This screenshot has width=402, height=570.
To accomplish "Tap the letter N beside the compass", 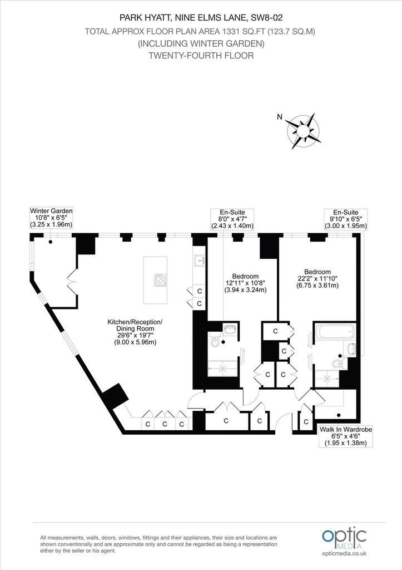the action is [x=279, y=117].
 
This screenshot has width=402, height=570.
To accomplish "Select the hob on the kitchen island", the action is [x=161, y=280].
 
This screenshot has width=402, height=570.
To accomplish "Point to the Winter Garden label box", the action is [x=51, y=218].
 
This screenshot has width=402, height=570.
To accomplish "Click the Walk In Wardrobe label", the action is [x=346, y=436].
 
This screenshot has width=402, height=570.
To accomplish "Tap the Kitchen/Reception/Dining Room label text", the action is [x=135, y=332].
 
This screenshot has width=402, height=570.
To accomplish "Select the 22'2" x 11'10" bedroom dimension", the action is [x=317, y=278].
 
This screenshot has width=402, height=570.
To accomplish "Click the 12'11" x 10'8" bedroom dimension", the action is [x=245, y=283].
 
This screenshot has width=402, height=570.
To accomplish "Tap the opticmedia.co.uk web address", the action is [x=344, y=553].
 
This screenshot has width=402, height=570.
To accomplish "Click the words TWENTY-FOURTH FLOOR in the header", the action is [x=201, y=56].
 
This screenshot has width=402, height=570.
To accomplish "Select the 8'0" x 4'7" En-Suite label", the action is [x=232, y=219].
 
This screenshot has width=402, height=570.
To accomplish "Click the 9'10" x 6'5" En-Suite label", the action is [x=346, y=219].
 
